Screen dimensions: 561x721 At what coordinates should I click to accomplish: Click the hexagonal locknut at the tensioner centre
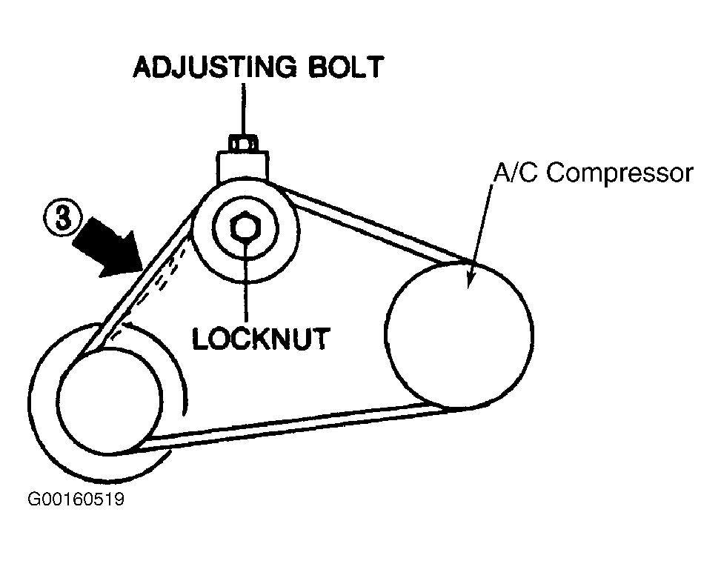tap(244, 226)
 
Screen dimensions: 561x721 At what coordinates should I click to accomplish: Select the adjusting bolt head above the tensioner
tap(242, 141)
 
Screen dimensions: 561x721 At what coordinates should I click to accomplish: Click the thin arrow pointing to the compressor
tap(479, 230)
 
